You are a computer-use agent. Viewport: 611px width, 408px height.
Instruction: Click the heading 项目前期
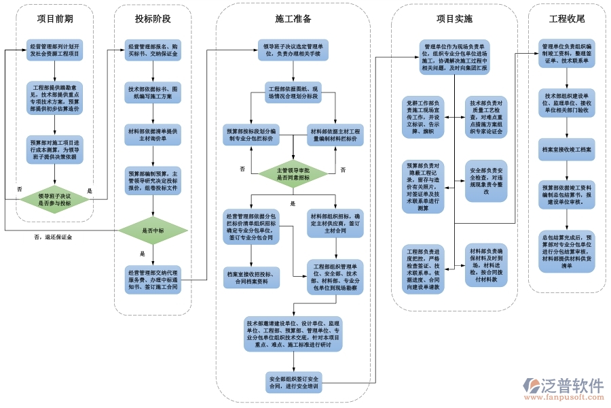pyautogui.click(x=55, y=18)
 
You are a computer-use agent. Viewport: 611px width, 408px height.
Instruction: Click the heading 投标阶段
pyautogui.click(x=153, y=18)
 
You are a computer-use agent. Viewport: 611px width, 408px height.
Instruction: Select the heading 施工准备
pyautogui.click(x=293, y=18)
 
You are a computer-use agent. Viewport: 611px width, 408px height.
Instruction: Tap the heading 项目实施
pyautogui.click(x=454, y=18)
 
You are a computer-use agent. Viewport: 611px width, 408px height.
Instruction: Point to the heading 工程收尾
pyautogui.click(x=567, y=18)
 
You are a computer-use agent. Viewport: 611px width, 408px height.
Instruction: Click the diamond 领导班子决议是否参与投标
pyautogui.click(x=54, y=199)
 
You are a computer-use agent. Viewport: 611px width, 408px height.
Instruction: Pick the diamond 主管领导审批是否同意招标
pyautogui.click(x=293, y=173)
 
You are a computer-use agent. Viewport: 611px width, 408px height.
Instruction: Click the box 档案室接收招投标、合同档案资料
pyautogui.click(x=252, y=278)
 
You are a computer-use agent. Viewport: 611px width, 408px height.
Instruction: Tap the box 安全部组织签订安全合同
pyautogui.click(x=293, y=383)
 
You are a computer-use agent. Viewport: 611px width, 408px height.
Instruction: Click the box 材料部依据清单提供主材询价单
pyautogui.click(x=153, y=134)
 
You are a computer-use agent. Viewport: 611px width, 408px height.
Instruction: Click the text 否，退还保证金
pyautogui.click(x=53, y=237)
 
